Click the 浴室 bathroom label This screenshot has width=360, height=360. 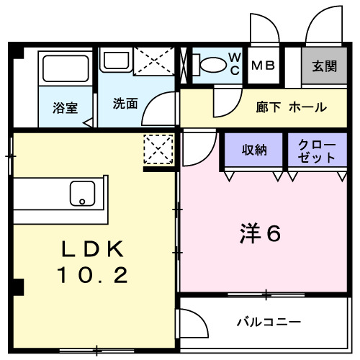[66, 109]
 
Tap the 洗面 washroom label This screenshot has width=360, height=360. [125, 103]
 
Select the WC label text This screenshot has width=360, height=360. [235, 64]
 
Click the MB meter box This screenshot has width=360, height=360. [262, 65]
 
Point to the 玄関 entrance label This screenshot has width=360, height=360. [325, 67]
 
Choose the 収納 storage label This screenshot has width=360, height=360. [255, 150]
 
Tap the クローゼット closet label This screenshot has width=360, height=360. [316, 150]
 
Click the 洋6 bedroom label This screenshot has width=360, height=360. [259, 234]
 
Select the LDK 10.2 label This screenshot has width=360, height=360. [94, 262]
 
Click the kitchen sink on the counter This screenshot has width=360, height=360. [81, 194]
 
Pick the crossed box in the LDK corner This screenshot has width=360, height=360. [158, 150]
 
